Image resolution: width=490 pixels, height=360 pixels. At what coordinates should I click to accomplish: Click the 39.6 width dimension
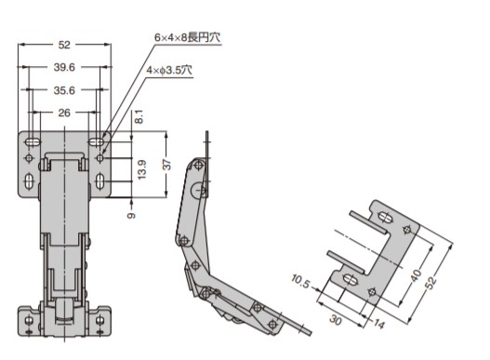pos(64,67)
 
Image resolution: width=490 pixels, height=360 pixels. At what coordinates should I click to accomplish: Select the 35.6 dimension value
pos(64,90)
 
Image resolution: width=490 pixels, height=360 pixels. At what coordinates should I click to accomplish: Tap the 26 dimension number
pos(64,113)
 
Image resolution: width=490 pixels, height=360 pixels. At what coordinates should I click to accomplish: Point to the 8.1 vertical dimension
pos(139,116)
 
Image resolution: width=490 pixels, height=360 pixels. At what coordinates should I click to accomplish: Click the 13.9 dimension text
pos(142,169)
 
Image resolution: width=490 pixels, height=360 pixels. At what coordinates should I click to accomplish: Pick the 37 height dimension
pos(167,165)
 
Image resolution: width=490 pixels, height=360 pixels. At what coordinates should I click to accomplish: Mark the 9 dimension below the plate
pos(132,216)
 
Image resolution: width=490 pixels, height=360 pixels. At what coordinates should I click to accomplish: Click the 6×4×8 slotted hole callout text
pos(187,37)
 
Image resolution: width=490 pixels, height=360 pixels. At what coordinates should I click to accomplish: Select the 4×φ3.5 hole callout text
pos(169,70)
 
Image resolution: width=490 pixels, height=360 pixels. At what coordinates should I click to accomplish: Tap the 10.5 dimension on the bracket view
pos(300,281)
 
